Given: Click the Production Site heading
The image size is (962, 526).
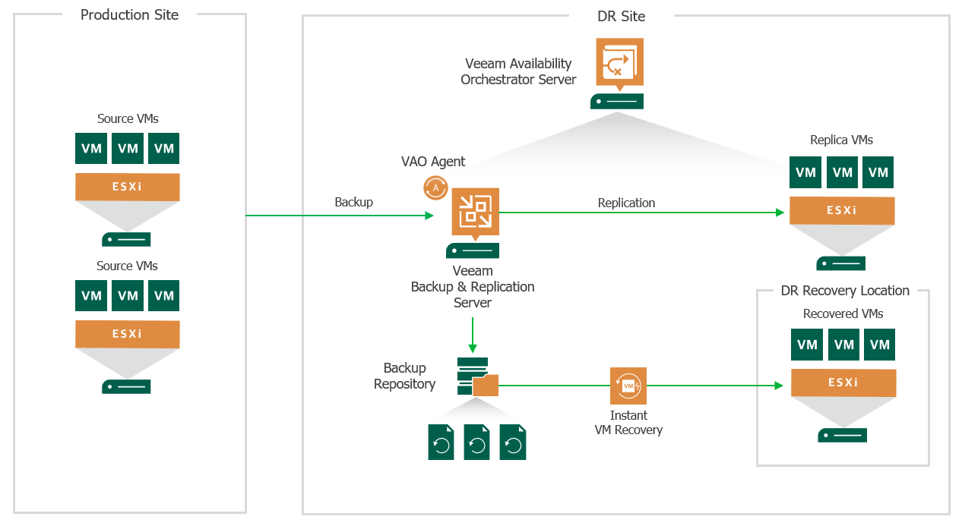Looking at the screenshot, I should coord(129,15).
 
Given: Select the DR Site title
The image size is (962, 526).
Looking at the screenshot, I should coord(621,16).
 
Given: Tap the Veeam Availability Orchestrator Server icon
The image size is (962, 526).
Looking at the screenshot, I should coord(617,62).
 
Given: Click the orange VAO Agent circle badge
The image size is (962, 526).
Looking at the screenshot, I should coord(435,187).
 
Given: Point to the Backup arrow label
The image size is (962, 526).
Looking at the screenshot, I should coord(353,203).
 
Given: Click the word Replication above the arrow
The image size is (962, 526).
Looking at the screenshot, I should coord(626,203).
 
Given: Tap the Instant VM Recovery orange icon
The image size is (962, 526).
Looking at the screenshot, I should coord(628,386).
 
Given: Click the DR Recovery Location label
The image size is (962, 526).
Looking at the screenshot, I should coord(844,291).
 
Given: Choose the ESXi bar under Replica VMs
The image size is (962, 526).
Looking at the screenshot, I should coord(841,210).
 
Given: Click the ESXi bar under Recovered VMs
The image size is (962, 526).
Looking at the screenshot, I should coord(843,383).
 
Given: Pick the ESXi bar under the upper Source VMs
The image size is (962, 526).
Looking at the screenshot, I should coord(127,187).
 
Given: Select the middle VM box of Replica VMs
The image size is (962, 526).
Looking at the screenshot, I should coord(842,173).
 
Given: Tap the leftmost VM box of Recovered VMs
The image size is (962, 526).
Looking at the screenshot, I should coord(807,345).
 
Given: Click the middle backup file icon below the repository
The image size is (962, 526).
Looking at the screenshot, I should coord(477,442).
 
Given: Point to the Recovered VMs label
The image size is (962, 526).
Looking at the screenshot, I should coord(843,313).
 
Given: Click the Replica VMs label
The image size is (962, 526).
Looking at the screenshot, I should coord(841,140).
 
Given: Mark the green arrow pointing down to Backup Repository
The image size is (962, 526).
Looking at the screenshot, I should coord(473,335).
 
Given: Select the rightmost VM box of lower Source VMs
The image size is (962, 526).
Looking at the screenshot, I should coord(164,296).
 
